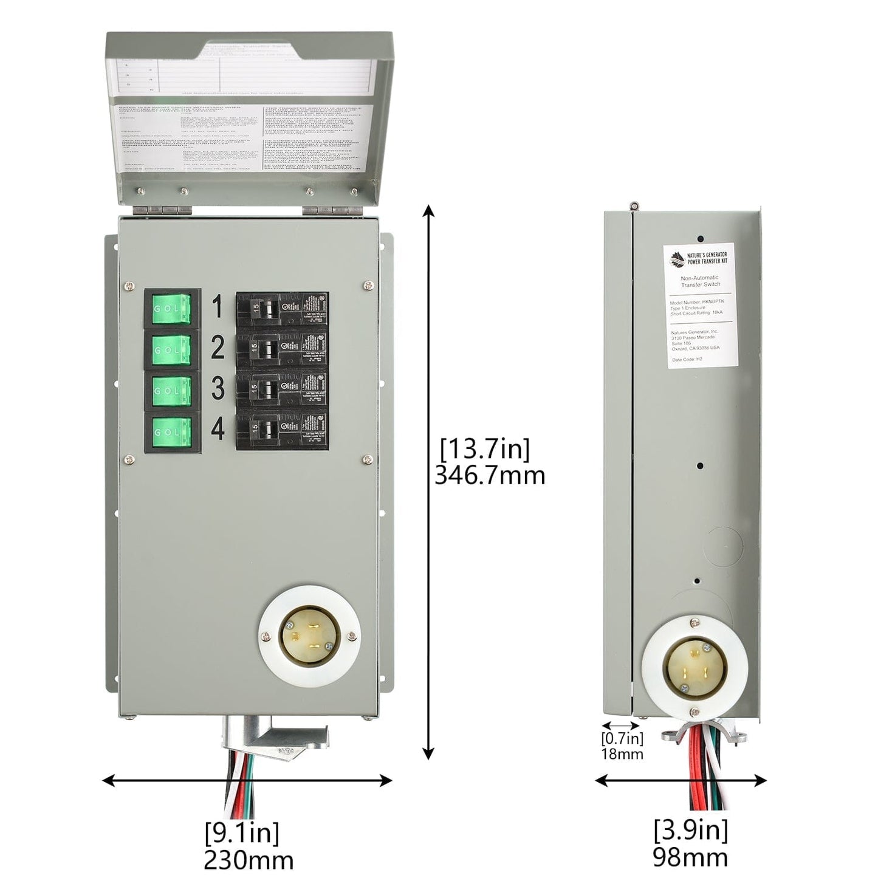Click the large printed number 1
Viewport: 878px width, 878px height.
217,308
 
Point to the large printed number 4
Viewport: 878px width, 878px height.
218,430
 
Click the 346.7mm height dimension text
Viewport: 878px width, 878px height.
490,476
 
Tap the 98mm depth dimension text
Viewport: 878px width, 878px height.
690,857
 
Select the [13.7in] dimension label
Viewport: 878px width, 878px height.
485,450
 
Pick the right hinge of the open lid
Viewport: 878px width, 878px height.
328,210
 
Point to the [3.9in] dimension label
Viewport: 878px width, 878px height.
691,830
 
